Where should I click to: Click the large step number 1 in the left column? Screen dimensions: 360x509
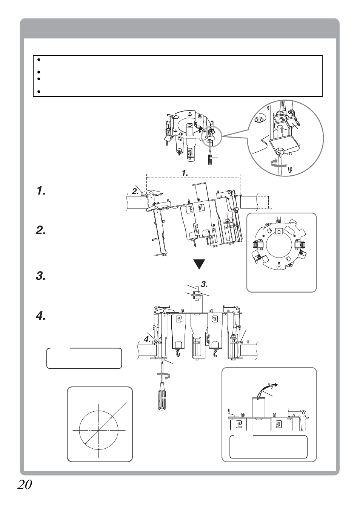41,191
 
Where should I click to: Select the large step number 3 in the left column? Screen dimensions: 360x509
41,276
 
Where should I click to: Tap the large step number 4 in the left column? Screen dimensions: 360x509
41,316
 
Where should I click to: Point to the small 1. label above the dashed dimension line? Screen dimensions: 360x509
185,173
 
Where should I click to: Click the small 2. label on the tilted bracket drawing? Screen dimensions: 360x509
135,191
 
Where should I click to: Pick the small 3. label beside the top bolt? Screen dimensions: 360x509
204,284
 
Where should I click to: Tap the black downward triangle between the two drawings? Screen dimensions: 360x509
199,264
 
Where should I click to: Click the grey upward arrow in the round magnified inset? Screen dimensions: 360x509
282,130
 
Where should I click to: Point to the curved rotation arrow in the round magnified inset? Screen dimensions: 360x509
277,163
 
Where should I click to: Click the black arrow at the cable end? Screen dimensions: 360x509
275,385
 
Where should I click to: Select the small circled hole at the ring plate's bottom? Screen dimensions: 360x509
279,267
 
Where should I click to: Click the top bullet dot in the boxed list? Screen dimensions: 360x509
38,60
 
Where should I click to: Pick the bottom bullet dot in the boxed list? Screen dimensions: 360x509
38,92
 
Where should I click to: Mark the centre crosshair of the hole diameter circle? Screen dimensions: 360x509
99,430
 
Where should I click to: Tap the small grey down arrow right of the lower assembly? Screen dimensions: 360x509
248,341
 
